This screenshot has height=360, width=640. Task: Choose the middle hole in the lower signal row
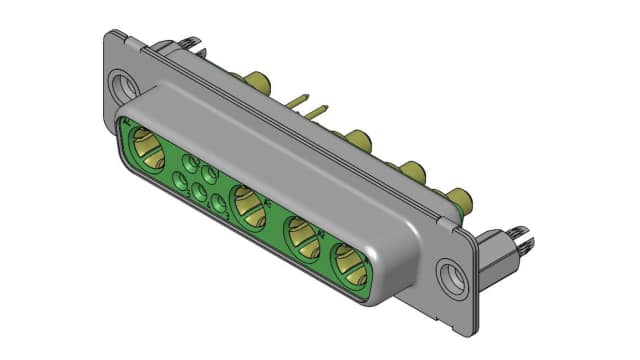click(199, 193)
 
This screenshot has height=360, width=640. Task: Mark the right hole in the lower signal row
click(219, 205)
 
